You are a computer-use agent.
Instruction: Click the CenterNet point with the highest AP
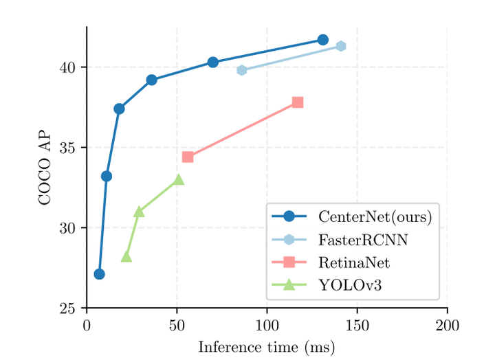tap(322, 40)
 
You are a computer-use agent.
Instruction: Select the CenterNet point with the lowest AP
tap(99, 274)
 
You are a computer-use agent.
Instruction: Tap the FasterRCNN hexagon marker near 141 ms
tap(340, 46)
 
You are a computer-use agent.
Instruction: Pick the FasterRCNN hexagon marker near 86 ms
tap(241, 70)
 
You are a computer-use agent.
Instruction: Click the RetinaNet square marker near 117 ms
tap(297, 102)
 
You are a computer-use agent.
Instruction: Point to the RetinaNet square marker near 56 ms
tap(188, 157)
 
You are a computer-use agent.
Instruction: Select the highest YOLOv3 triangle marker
tap(179, 179)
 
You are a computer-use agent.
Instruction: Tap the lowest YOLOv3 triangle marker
tap(126, 257)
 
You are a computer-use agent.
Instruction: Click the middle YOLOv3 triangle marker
tap(139, 212)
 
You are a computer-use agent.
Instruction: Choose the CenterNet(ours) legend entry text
tap(375, 217)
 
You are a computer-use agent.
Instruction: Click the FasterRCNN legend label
tap(353, 240)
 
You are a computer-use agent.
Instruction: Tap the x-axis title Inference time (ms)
tap(266, 348)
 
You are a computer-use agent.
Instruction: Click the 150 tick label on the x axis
tap(357, 325)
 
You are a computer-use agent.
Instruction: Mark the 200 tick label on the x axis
tap(447, 325)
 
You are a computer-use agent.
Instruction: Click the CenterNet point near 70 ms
tap(212, 62)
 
